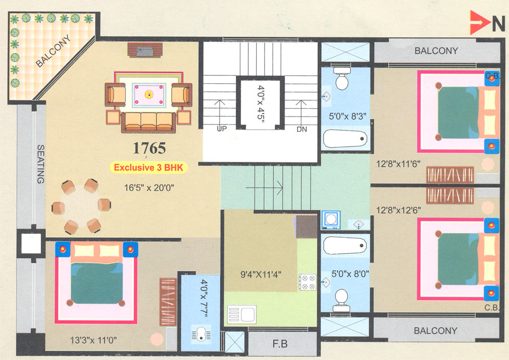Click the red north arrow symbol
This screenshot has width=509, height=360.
[x=478, y=23]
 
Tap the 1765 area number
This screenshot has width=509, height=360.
[x=149, y=148]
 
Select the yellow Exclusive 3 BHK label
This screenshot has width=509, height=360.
[x=149, y=168]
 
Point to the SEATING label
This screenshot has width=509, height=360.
[x=40, y=164]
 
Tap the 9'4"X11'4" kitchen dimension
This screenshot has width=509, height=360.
[x=261, y=276]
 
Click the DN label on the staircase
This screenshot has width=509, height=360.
[x=301, y=129]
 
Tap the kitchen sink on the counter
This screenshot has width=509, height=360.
[x=242, y=313]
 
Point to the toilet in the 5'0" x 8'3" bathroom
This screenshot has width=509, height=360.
[x=342, y=79]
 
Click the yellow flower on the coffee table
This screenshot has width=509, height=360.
[x=149, y=93]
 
